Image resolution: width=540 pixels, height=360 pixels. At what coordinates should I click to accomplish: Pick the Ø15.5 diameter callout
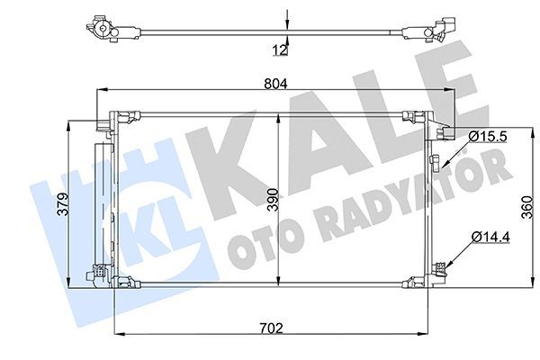pyautogui.click(x=487, y=135)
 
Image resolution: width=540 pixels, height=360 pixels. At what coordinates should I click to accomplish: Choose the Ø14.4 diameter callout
pyautogui.click(x=487, y=237)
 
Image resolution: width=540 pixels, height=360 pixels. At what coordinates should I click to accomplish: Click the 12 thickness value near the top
pyautogui.click(x=280, y=49)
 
